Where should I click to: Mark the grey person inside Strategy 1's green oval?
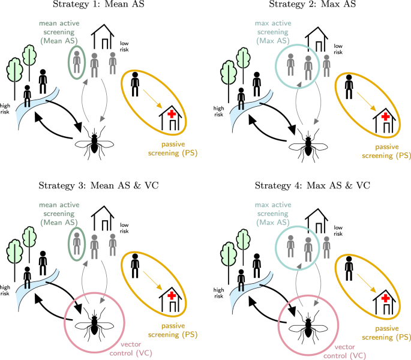click(76, 62)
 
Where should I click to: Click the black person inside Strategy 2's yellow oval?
click(350, 85)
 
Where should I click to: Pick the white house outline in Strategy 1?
click(103, 38)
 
